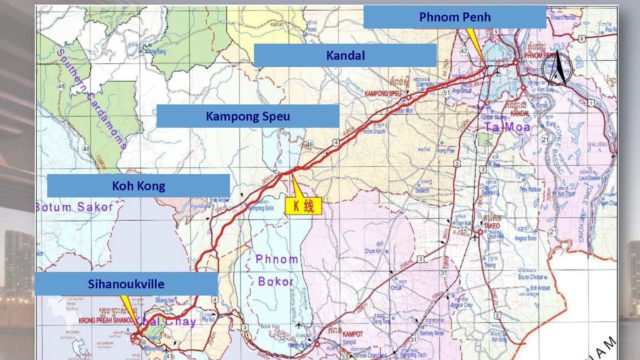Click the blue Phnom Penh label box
[455, 17]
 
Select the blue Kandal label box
[345, 55]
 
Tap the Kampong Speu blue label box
[248, 116]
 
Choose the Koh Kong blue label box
[138, 185]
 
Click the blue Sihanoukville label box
[125, 284]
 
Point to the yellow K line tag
[303, 204]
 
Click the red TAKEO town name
[493, 227]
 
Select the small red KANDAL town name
[520, 112]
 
